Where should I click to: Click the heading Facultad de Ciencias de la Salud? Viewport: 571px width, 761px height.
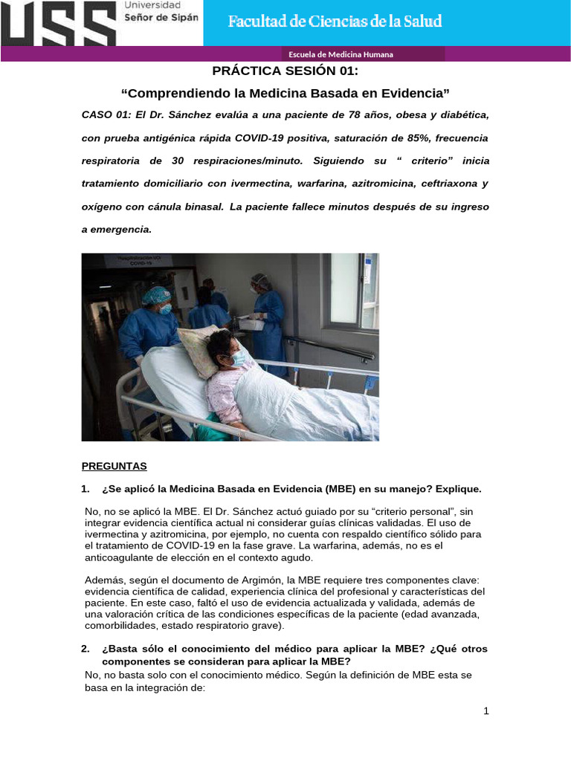[x=335, y=22]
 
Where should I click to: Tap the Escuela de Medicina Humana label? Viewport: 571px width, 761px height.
[x=341, y=54]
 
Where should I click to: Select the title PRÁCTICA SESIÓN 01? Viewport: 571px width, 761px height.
[x=285, y=71]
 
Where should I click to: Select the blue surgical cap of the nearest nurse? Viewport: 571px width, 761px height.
[x=156, y=296]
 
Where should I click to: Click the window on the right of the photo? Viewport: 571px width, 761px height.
[x=343, y=288]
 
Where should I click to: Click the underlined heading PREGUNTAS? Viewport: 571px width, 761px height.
[x=114, y=466]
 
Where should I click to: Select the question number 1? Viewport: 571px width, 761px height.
[x=85, y=489]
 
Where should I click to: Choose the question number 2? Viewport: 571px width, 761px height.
[x=85, y=649]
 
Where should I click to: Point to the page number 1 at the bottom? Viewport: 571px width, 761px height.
[x=486, y=711]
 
